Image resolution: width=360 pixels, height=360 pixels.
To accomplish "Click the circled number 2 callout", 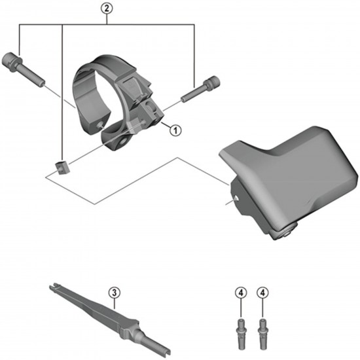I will pos(108,10).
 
